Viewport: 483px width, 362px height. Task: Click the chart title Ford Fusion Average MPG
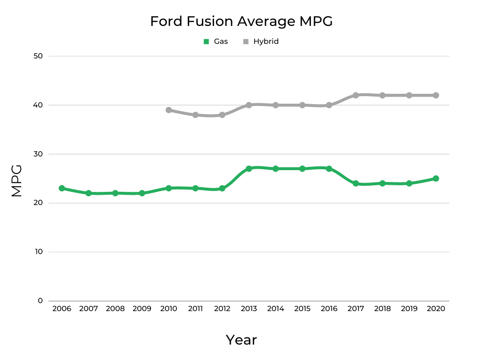click(x=241, y=21)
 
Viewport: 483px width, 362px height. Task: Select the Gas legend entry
click(x=216, y=41)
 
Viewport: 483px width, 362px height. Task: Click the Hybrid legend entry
click(x=261, y=41)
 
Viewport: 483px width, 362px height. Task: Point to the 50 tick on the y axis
click(x=38, y=56)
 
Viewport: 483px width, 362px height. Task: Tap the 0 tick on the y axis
click(x=41, y=301)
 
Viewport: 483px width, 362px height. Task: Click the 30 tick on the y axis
click(x=38, y=154)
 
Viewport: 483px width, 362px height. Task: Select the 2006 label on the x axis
click(x=62, y=309)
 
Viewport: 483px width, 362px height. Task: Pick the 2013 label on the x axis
click(x=249, y=309)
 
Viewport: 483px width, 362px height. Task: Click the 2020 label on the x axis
click(x=436, y=309)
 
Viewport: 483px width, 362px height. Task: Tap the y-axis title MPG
click(x=17, y=181)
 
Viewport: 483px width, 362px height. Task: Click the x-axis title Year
click(x=241, y=340)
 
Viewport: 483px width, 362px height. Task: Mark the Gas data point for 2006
click(x=62, y=188)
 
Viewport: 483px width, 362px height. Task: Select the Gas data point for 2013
click(x=249, y=169)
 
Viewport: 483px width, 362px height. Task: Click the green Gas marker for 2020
click(x=436, y=179)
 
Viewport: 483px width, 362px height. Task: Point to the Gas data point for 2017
click(x=356, y=183)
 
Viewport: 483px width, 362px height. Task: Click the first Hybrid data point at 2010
click(x=168, y=110)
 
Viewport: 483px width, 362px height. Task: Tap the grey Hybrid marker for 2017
click(x=356, y=95)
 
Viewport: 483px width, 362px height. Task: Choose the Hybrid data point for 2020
click(x=436, y=95)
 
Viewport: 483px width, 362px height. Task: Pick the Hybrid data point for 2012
click(x=222, y=115)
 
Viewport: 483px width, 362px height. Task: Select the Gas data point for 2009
click(x=142, y=193)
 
